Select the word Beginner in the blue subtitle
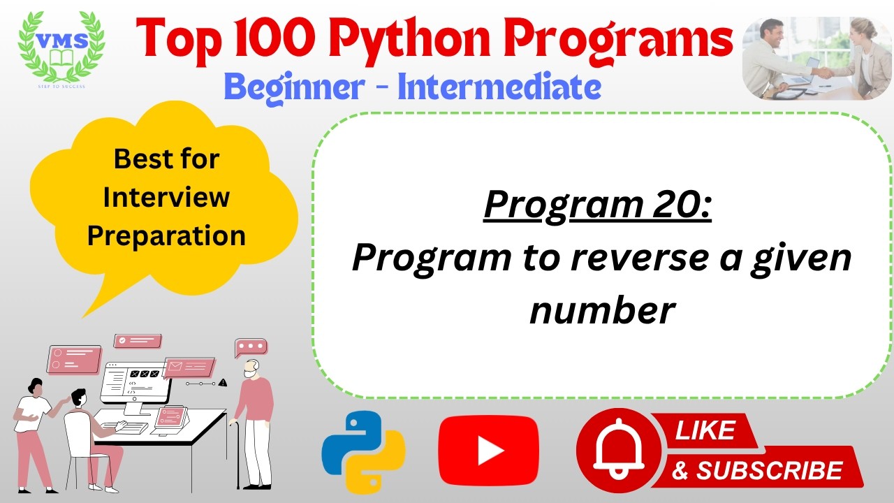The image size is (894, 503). [x=294, y=87]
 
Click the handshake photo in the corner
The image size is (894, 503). [x=816, y=59]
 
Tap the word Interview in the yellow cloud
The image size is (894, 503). [x=166, y=197]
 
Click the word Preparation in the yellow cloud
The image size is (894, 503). [x=166, y=235]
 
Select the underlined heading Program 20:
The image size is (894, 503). [x=597, y=205]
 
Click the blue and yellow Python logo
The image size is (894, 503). [x=363, y=453]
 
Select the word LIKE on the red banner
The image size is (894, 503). [x=705, y=430]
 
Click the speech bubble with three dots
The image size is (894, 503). [x=251, y=347]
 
